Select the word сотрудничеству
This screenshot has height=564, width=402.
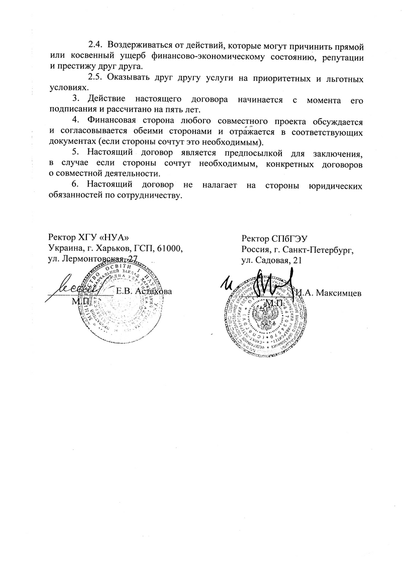[147, 195]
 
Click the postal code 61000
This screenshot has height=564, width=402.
[171, 248]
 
